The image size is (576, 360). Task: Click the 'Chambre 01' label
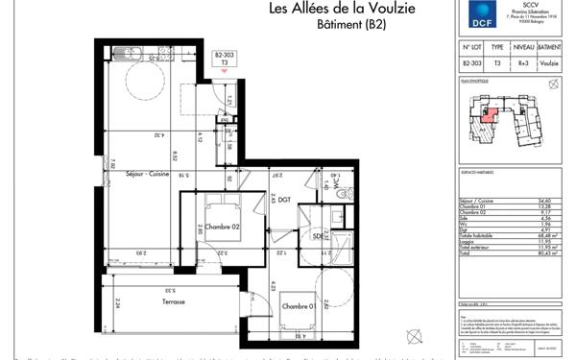pyautogui.click(x=297, y=305)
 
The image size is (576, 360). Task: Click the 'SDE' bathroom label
pyautogui.click(x=317, y=236)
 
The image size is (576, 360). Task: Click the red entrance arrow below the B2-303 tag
pyautogui.click(x=225, y=70)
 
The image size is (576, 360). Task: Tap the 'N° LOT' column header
pyautogui.click(x=470, y=46)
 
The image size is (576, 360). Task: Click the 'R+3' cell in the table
pyautogui.click(x=522, y=62)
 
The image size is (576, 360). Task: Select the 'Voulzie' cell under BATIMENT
pyautogui.click(x=549, y=62)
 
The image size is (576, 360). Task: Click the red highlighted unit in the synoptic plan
pyautogui.click(x=490, y=117)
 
